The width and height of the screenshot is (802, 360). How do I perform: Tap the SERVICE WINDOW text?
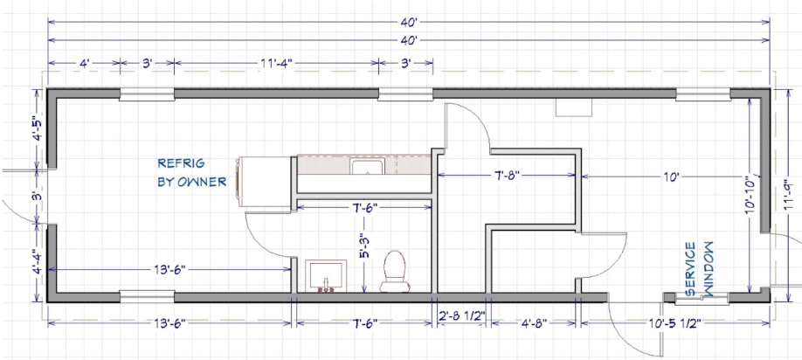coord(699,269)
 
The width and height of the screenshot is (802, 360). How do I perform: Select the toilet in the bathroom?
coord(394,271)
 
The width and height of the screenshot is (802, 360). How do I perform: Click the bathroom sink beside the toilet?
coord(326,276)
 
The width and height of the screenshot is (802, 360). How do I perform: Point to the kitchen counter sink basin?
coord(367,166)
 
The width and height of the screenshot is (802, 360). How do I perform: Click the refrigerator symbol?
coord(264,182)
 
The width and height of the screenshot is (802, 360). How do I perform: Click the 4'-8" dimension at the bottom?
coord(533,322)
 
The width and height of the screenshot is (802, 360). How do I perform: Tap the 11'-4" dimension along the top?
coord(277,63)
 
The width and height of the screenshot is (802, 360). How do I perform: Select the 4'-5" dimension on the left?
coord(36,132)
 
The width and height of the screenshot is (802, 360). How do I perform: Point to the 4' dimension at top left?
coord(85,63)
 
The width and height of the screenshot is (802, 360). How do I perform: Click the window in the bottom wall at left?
coord(147,295)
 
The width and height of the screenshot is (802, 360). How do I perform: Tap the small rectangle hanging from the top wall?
coord(574,107)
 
